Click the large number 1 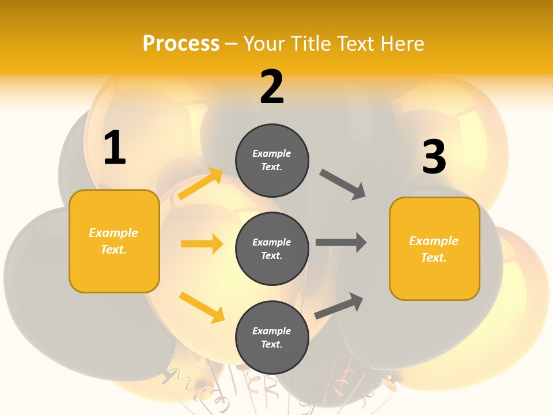click(x=115, y=148)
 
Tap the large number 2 click(x=272, y=87)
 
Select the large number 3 click(x=434, y=157)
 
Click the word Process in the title click(x=181, y=43)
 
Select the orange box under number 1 click(x=114, y=241)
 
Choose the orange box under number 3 click(x=434, y=248)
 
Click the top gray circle click(x=272, y=160)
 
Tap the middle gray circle click(x=272, y=248)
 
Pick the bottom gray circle click(x=272, y=337)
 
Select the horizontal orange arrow click(x=202, y=244)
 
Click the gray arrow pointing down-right click(x=343, y=184)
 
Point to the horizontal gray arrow click(x=341, y=242)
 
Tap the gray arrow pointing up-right click(x=339, y=306)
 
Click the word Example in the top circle click(x=271, y=153)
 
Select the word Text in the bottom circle click(x=271, y=344)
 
